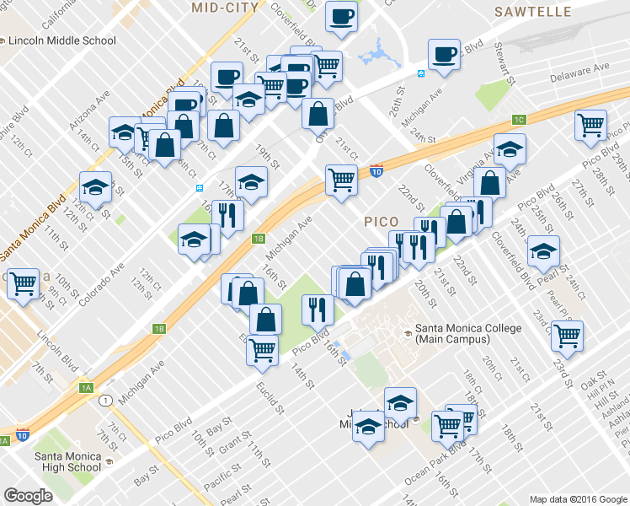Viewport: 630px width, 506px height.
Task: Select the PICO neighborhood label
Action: click(x=382, y=222)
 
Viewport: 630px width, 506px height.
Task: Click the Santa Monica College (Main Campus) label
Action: click(x=451, y=334)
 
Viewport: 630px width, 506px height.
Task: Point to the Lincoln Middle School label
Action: click(x=62, y=40)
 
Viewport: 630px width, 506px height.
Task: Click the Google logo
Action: click(x=29, y=496)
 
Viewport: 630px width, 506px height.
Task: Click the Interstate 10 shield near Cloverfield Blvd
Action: click(x=376, y=172)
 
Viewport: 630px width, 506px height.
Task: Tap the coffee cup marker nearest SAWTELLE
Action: click(x=443, y=56)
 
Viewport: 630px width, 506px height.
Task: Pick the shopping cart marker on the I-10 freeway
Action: click(x=341, y=180)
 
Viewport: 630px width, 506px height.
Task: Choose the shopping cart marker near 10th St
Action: click(x=23, y=284)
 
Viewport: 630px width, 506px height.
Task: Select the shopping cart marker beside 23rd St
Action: click(x=568, y=335)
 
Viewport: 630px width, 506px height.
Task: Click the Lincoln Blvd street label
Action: click(x=55, y=347)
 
